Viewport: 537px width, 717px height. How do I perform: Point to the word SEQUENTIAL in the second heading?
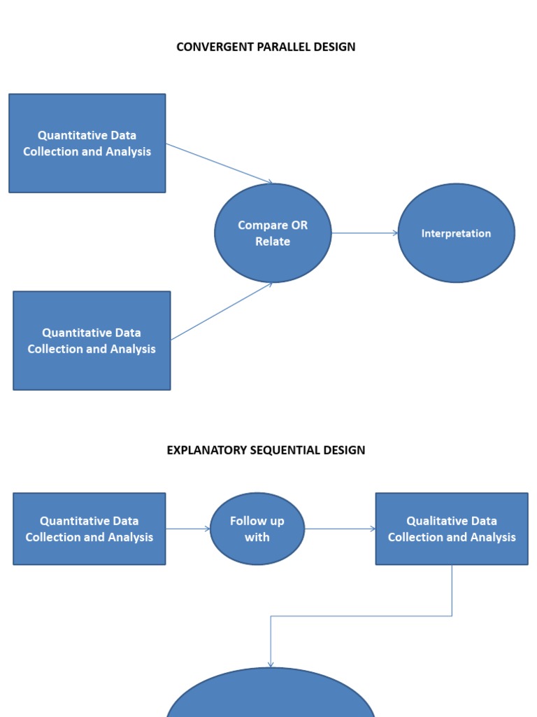coord(282,450)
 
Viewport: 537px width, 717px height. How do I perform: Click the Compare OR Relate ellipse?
coord(273,233)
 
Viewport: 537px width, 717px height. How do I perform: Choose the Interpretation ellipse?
coord(456,233)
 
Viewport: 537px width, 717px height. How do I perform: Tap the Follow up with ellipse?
coord(257,529)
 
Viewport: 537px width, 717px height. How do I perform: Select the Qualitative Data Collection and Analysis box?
coord(452,529)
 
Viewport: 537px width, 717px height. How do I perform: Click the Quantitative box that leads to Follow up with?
coord(89,529)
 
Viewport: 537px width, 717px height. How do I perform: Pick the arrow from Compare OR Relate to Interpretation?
coord(364,233)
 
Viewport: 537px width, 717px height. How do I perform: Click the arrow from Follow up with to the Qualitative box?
coord(341,529)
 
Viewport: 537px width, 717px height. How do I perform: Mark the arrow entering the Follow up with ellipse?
coord(188,529)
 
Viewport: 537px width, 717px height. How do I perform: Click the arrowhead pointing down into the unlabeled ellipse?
coord(271,664)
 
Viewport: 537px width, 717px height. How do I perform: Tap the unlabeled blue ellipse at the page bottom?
coord(271,697)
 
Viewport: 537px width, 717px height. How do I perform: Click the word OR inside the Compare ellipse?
coord(299,225)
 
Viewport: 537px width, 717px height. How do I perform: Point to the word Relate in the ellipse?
coord(273,242)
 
